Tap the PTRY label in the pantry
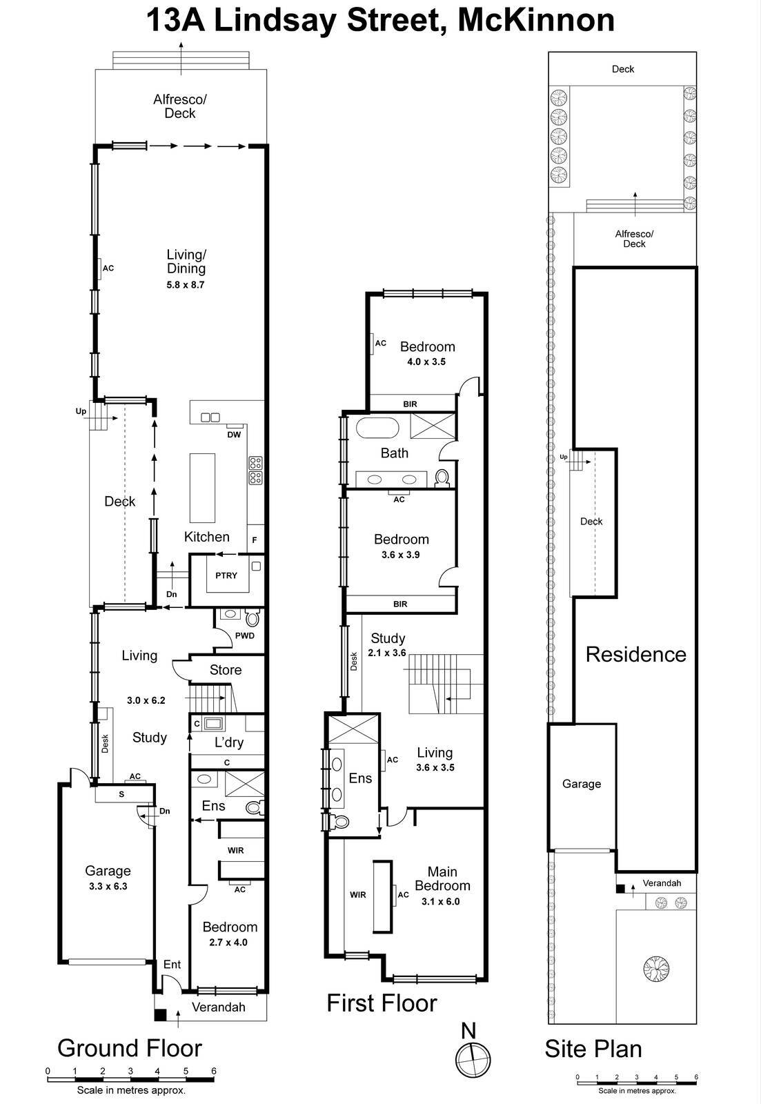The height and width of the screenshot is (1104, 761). [x=226, y=575]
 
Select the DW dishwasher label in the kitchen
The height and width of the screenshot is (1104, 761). [x=234, y=435]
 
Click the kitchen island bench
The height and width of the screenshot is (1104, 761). [x=202, y=488]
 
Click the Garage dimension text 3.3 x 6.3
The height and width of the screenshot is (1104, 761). [x=108, y=887]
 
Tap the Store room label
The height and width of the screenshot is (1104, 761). [x=226, y=670]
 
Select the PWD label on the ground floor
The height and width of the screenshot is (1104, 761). [x=245, y=636]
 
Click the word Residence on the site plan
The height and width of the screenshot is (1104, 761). [x=635, y=655]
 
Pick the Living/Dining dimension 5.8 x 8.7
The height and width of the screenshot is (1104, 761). [x=186, y=284]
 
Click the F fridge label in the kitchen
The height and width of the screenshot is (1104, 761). [x=255, y=540]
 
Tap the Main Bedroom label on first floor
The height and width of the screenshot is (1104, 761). [x=442, y=878]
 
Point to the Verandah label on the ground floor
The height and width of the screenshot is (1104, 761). [x=218, y=1007]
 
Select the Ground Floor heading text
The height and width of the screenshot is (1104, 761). [x=130, y=1048]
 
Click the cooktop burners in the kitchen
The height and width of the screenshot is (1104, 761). [x=255, y=470]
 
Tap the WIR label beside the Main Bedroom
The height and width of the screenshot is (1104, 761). [x=357, y=895]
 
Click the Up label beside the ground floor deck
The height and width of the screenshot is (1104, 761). [x=81, y=411]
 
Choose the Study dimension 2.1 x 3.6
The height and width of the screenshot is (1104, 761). [x=387, y=653]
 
